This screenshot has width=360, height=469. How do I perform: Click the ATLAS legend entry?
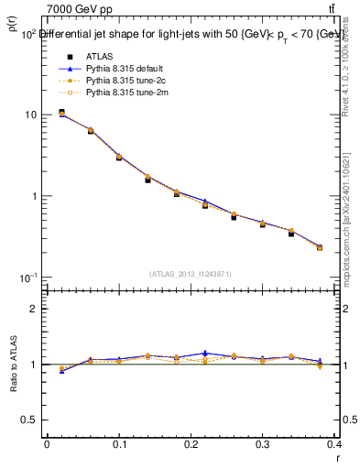click(99, 57)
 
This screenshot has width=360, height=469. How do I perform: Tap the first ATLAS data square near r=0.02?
click(61, 113)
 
